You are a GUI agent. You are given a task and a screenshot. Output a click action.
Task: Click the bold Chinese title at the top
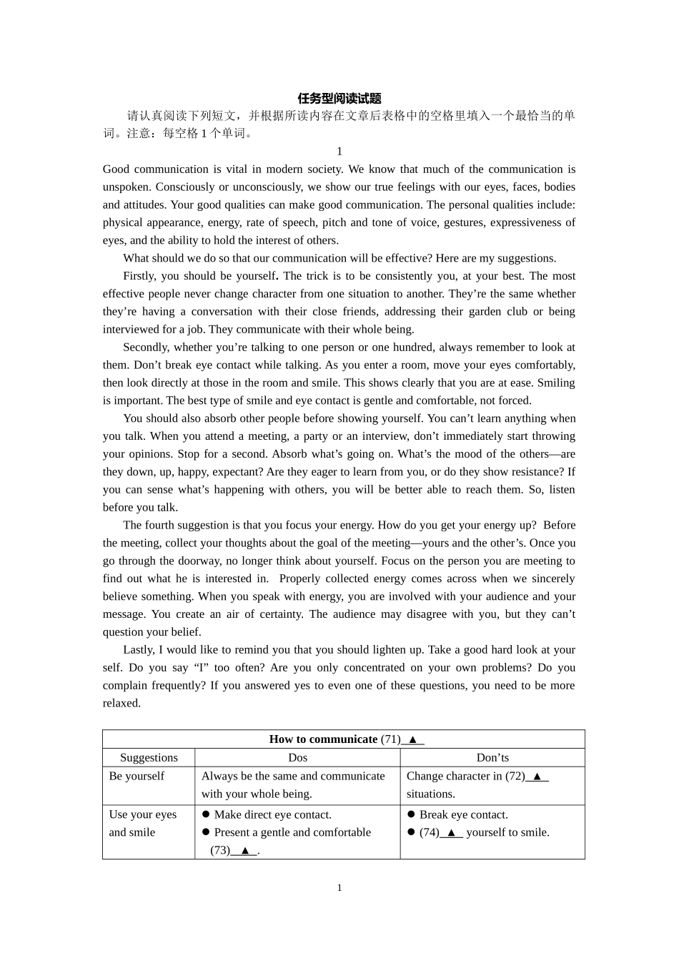point(339,99)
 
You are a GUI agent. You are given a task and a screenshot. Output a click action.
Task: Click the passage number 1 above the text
point(339,152)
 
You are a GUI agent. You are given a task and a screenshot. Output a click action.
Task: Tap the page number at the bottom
point(339,888)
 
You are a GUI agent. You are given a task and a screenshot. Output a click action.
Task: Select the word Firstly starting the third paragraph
point(139,276)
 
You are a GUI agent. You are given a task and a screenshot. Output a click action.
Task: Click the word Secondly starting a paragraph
point(145,348)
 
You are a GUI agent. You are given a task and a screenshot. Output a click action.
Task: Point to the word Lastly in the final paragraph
point(139,650)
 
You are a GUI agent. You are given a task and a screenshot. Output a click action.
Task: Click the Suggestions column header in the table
point(149,758)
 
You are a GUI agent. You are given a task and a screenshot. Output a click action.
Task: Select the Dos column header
point(297,758)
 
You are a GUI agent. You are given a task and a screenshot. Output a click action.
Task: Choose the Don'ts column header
point(492,758)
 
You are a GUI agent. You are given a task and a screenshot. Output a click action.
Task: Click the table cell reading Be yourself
point(137,777)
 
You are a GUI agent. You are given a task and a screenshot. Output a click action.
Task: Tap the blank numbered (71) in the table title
point(412,740)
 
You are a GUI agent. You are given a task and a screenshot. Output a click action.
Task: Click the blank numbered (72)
point(537,777)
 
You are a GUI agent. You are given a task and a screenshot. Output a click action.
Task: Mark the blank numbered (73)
point(244,851)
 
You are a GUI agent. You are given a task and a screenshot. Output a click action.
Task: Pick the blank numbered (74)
point(451,833)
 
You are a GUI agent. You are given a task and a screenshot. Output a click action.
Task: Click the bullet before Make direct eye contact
point(206,815)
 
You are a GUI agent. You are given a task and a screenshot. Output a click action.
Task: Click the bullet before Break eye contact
point(411,815)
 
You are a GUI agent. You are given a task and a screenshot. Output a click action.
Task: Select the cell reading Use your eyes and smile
point(142,824)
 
